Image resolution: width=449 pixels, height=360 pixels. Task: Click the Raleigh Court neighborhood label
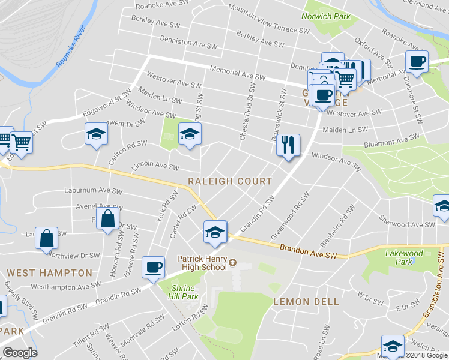(230, 181)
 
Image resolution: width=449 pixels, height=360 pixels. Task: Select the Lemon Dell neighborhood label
(306, 302)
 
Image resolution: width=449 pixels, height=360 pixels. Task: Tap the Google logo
(19, 353)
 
